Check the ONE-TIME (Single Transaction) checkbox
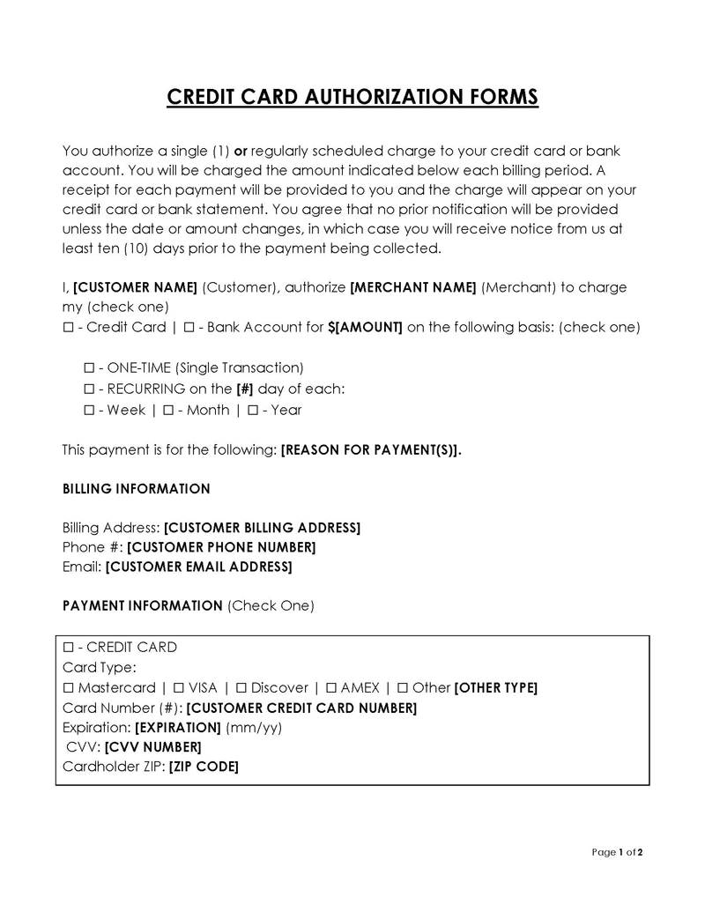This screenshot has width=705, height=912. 88,367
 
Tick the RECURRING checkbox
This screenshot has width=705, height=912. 88,389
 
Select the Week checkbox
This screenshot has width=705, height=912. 88,410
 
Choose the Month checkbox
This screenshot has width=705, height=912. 168,410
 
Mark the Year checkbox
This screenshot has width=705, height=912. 253,410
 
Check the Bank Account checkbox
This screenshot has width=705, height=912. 189,327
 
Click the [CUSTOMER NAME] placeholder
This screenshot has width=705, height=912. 135,287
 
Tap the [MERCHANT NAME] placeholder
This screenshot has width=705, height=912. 413,287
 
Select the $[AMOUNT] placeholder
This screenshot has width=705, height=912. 365,327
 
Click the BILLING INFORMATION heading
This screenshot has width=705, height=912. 137,489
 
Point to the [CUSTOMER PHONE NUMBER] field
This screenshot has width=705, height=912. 221,547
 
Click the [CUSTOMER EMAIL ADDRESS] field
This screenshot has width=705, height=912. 198,567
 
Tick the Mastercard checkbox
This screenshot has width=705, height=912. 69,687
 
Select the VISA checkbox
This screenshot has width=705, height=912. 179,687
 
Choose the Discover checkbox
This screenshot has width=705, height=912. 241,687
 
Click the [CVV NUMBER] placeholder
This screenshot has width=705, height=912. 159,747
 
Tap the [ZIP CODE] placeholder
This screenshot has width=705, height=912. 204,767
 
